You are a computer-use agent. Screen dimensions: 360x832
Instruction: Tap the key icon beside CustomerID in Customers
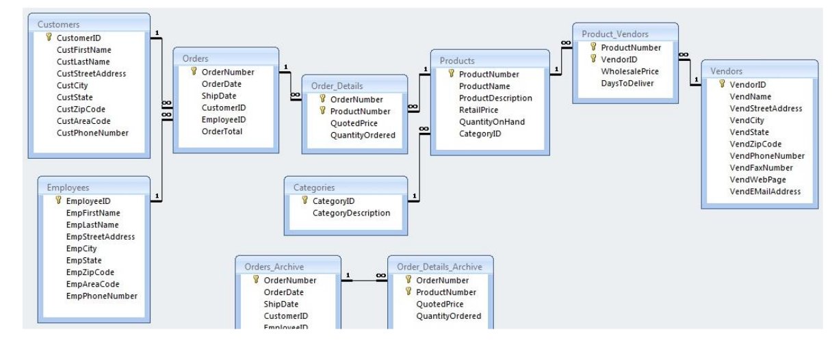(x=49, y=38)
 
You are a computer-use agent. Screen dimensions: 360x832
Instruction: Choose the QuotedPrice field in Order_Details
(x=354, y=123)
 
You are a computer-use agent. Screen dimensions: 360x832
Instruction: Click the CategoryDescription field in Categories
(x=351, y=213)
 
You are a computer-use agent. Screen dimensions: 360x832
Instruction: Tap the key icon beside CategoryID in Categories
(x=305, y=201)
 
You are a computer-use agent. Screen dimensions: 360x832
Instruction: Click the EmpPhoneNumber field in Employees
(x=101, y=296)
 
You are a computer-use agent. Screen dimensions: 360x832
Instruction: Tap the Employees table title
(x=68, y=187)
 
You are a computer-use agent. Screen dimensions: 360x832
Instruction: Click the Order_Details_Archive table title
(x=439, y=266)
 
